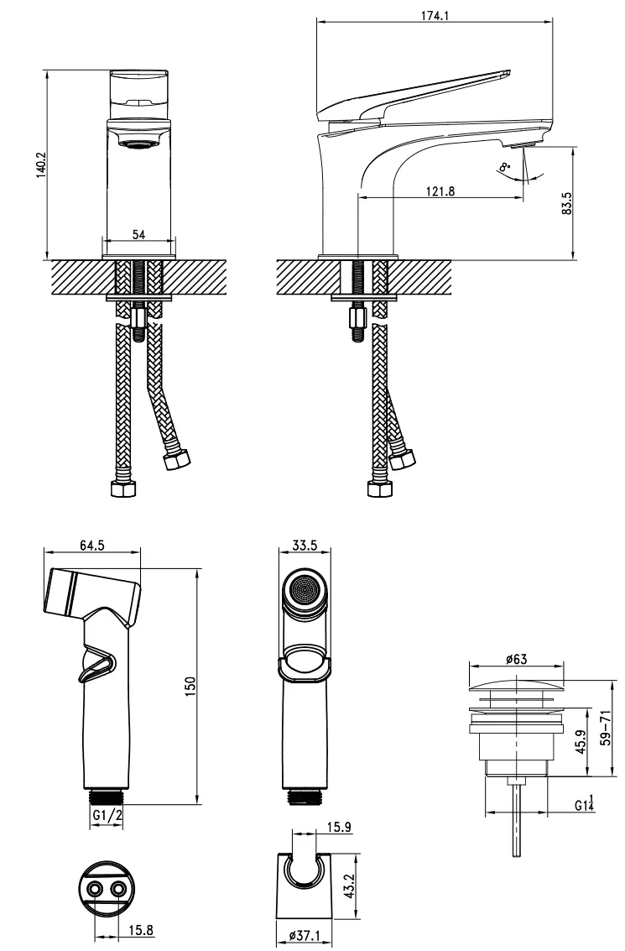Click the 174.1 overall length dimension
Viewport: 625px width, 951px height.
(x=435, y=16)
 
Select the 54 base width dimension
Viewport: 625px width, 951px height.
(x=138, y=234)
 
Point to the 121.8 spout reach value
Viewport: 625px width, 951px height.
(x=440, y=191)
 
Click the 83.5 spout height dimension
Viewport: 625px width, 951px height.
(x=567, y=204)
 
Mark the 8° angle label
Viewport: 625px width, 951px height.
(x=504, y=166)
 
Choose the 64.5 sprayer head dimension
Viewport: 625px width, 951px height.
(x=92, y=546)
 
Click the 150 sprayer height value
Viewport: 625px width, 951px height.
(x=190, y=687)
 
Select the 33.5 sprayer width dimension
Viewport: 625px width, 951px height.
(x=305, y=546)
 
